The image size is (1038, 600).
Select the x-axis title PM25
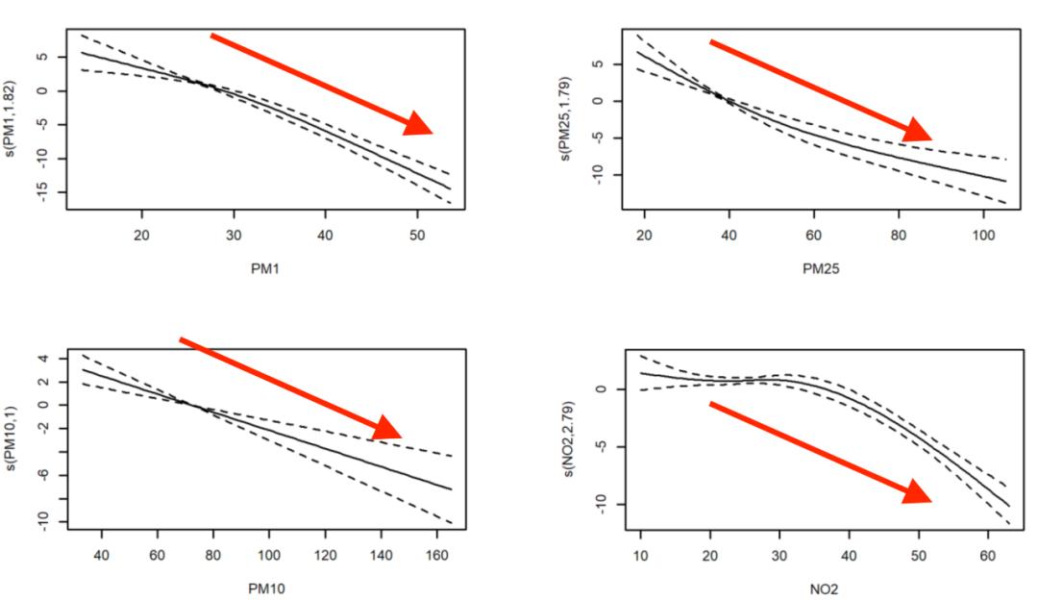[821, 269]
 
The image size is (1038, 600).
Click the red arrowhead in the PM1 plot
[419, 124]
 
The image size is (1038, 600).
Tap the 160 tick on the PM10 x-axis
[437, 556]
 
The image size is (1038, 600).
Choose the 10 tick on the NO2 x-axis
[641, 556]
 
